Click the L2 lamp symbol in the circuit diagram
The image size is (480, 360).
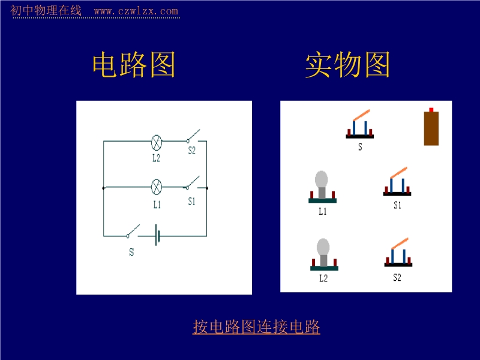click(x=157, y=143)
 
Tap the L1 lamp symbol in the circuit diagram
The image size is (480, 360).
click(x=157, y=187)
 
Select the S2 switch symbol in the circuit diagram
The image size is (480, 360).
click(x=193, y=137)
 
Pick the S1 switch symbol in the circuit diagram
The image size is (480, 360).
click(x=193, y=183)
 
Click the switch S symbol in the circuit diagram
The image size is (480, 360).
click(x=133, y=231)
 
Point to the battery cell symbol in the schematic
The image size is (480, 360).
click(x=157, y=235)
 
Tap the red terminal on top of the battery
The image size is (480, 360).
click(x=431, y=110)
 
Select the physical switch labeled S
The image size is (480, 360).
click(x=359, y=124)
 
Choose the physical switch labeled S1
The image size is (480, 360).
click(x=397, y=181)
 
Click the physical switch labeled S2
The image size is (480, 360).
click(x=398, y=252)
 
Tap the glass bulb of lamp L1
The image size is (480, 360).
click(x=322, y=179)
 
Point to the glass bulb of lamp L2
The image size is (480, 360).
click(x=323, y=247)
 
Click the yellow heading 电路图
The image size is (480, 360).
click(x=134, y=65)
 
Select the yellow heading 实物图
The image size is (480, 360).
click(x=347, y=65)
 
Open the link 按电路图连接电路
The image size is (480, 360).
click(x=256, y=326)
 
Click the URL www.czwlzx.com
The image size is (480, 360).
click(x=136, y=11)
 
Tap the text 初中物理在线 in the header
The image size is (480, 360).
click(x=46, y=10)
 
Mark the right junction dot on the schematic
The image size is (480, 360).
click(x=207, y=188)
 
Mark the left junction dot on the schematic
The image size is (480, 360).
click(x=103, y=188)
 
